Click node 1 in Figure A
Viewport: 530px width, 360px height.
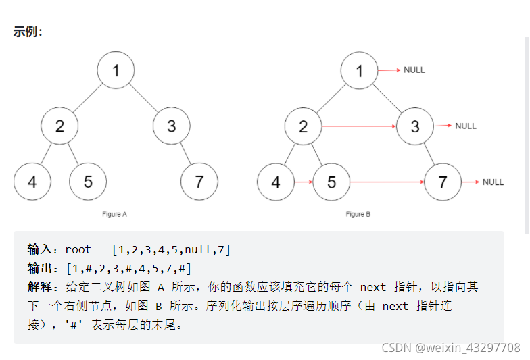(x=116, y=70)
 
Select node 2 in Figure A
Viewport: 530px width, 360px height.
(x=59, y=126)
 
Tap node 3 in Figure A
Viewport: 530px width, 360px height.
(x=171, y=126)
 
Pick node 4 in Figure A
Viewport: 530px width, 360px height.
(x=32, y=182)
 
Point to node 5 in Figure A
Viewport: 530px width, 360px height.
(x=88, y=182)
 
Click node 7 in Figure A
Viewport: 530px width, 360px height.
(x=199, y=182)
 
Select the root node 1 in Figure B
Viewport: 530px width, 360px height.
(x=359, y=70)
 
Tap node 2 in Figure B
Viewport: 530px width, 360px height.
(x=303, y=126)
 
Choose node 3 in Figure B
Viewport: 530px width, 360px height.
(x=415, y=126)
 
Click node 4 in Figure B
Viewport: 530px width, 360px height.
(x=275, y=182)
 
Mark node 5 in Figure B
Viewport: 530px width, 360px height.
(x=331, y=182)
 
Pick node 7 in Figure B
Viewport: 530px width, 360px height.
(x=443, y=182)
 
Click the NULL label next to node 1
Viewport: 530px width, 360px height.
(x=414, y=70)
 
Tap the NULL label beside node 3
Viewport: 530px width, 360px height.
(x=466, y=126)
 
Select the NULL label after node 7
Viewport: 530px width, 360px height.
(x=493, y=182)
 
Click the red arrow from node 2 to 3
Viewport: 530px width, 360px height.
(x=358, y=126)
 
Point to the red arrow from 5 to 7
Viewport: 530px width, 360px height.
(x=387, y=182)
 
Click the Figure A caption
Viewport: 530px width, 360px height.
(x=115, y=215)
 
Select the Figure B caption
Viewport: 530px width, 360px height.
(x=358, y=215)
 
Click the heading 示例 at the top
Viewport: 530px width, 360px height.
(x=28, y=32)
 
